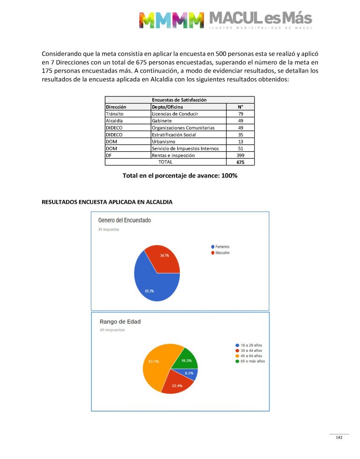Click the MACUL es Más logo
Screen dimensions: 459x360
click(225, 20)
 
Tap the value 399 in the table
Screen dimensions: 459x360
click(240, 155)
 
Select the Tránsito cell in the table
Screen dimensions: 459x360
click(114, 114)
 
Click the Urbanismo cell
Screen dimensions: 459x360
click(164, 141)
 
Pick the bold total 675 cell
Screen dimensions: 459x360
click(240, 162)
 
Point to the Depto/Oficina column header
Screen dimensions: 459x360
click(167, 107)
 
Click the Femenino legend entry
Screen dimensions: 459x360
click(222, 247)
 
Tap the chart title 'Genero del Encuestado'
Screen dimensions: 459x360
click(124, 220)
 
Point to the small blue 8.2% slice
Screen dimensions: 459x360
click(192, 374)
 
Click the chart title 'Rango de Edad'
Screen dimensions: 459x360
click(120, 322)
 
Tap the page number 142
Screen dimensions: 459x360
click(339, 437)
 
